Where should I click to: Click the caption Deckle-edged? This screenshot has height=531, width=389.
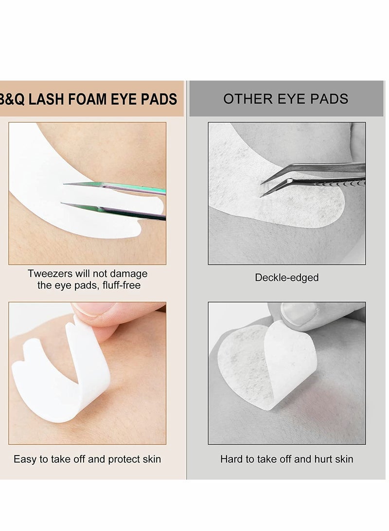tap(286, 277)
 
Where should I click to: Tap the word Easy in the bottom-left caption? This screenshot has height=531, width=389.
tap(24, 459)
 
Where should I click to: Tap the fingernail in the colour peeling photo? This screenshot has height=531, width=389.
tap(92, 310)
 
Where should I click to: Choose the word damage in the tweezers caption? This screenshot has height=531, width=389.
tap(131, 274)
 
